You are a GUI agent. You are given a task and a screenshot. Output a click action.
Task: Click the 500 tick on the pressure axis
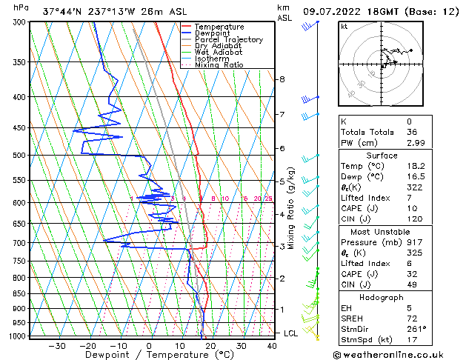[19, 156]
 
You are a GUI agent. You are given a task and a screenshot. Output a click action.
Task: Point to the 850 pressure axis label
[19, 294]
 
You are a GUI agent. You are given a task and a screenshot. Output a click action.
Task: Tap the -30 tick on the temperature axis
[57, 346]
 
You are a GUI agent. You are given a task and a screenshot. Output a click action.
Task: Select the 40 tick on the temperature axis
[273, 346]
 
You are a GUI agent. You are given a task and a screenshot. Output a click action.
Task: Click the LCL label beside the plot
[291, 333]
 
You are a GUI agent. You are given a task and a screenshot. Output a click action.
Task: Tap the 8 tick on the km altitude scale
[282, 79]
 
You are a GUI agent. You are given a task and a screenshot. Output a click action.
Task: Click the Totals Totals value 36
[412, 132]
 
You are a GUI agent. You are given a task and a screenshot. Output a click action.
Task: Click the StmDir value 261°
[416, 328]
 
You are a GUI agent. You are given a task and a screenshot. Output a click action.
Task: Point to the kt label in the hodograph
[344, 27]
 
